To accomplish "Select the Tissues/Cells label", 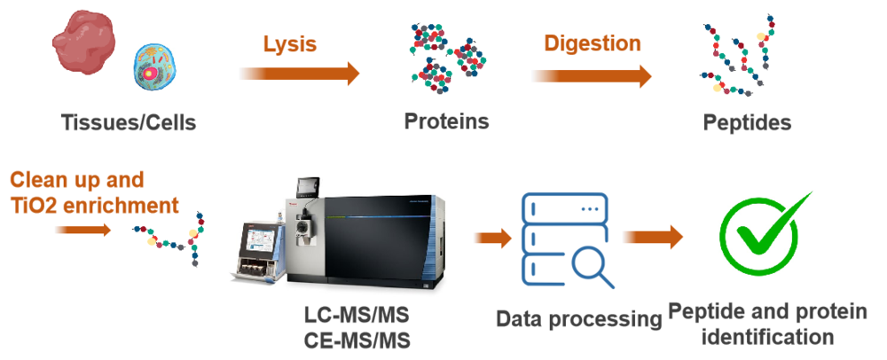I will pos(129,122).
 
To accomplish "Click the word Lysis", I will pos(289,43).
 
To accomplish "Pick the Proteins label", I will pos(446,121).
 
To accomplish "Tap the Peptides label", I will pos(747,121).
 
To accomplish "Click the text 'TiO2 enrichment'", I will pos(95,206).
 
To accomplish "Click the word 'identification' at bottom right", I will pos(777,337).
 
